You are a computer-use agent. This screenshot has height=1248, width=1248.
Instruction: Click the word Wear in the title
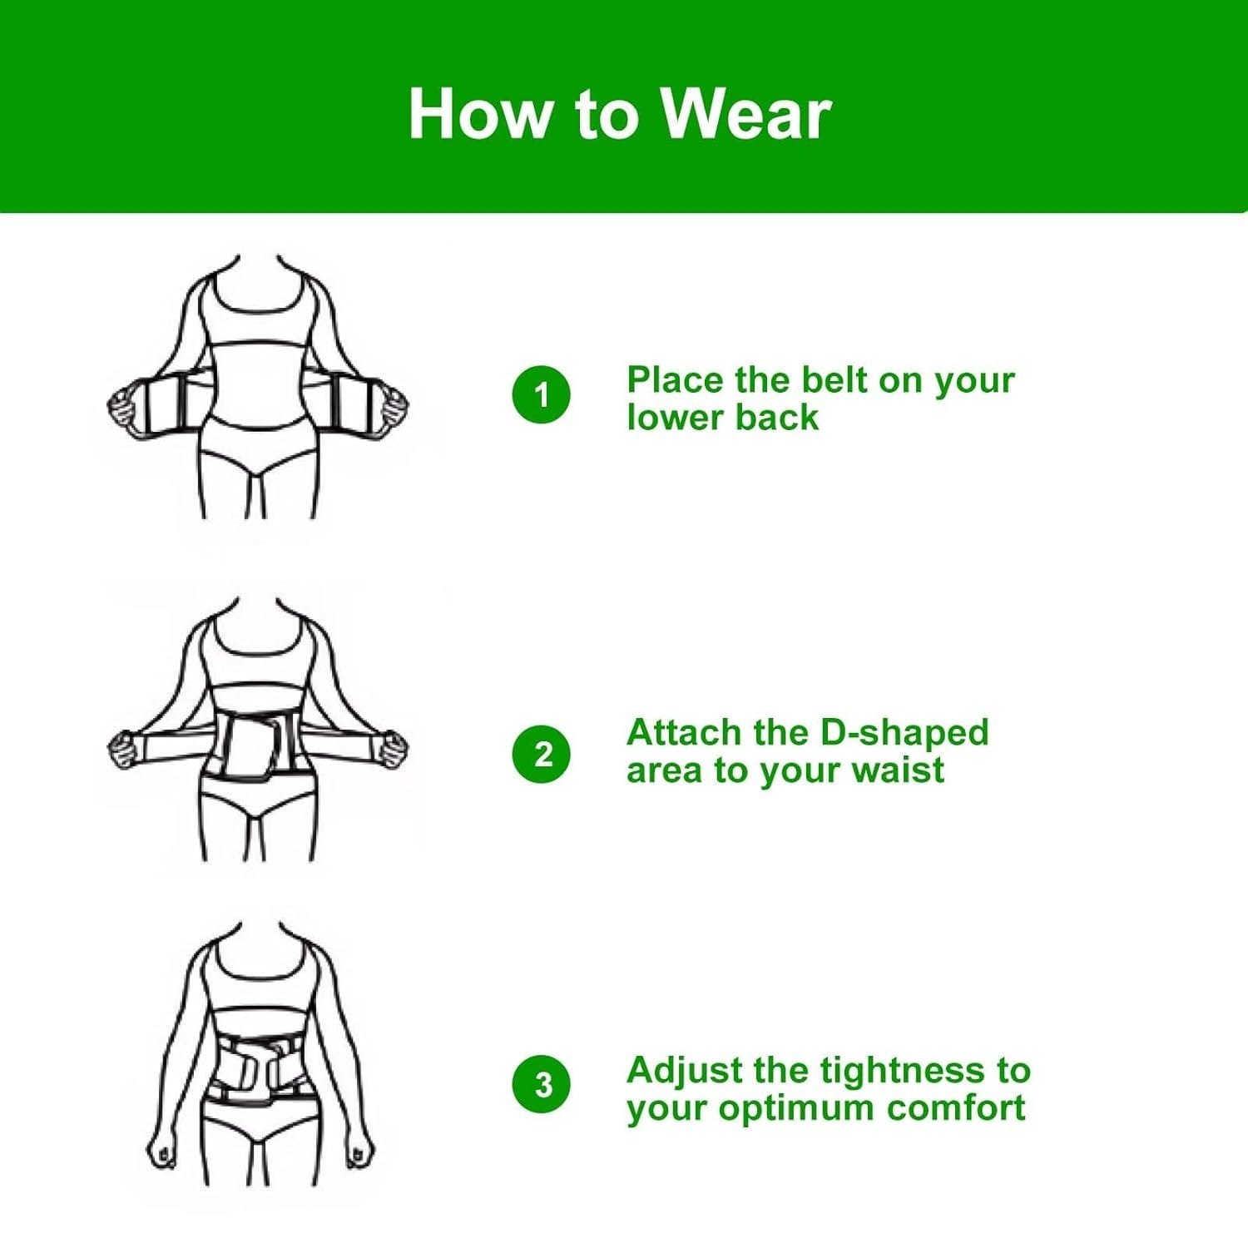(x=746, y=114)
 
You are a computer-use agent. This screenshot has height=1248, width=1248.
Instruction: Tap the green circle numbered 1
(x=542, y=394)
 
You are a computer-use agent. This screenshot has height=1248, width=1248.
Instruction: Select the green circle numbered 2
(x=542, y=754)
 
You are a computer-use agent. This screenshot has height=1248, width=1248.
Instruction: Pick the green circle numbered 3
(x=542, y=1084)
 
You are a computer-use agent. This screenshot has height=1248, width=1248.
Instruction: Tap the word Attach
(x=683, y=733)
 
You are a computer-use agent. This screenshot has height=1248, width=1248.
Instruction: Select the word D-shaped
(x=904, y=733)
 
